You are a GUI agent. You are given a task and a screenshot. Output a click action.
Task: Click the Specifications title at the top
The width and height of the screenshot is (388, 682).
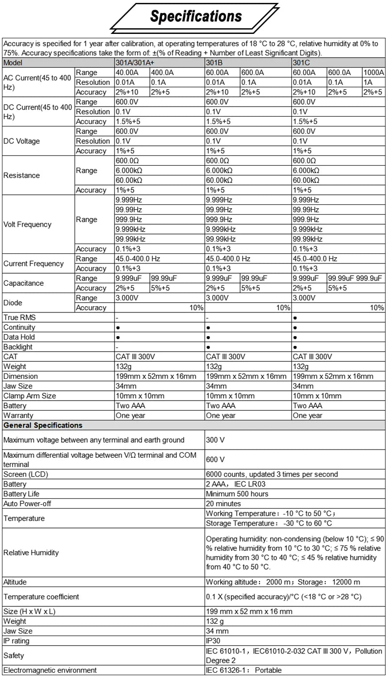tap(195, 16)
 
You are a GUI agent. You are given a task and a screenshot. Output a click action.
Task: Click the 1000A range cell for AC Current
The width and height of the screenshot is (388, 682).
tap(373, 73)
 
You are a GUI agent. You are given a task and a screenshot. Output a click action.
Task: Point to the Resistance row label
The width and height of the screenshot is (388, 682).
tap(22, 175)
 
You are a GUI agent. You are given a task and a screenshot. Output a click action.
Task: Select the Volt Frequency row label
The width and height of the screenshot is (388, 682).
tap(27, 224)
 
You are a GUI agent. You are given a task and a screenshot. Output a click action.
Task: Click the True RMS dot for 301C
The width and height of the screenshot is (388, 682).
tap(295, 318)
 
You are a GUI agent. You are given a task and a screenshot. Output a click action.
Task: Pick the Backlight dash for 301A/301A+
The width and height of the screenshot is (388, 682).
tap(117, 347)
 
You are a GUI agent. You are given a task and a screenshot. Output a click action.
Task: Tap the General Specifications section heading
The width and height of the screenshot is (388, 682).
tap(43, 425)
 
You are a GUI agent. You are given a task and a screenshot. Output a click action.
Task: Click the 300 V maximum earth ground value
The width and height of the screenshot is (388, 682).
tap(215, 440)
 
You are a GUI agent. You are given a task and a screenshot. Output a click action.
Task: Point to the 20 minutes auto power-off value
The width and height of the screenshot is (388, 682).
tap(224, 504)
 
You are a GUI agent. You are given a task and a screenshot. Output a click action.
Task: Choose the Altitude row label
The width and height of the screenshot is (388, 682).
tap(15, 582)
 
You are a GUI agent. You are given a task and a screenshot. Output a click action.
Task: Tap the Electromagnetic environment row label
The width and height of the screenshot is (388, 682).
tap(50, 670)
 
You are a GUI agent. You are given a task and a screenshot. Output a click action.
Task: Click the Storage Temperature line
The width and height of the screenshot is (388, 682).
tap(269, 523)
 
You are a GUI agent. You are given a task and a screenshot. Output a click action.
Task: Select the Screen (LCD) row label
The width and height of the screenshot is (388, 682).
tap(26, 474)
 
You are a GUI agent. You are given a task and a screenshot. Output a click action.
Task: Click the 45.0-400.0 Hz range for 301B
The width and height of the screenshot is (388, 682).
tap(228, 259)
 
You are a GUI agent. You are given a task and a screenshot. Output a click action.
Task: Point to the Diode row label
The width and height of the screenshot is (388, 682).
tap(13, 303)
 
